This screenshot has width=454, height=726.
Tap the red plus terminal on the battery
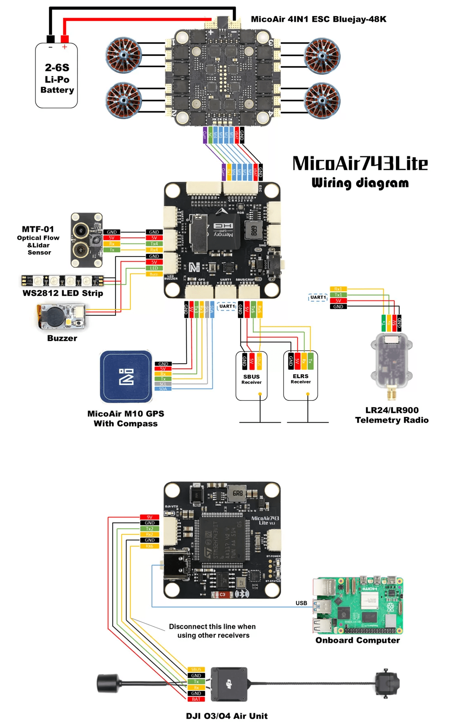click(65, 39)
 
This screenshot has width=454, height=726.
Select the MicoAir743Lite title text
click(359, 164)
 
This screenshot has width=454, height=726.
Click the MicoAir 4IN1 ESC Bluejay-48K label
click(318, 19)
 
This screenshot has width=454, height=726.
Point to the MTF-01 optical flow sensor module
click(86, 240)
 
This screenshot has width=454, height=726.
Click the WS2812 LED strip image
click(62, 280)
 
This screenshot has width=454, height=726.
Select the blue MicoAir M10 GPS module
click(126, 377)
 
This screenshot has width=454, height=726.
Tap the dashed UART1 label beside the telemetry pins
click(318, 298)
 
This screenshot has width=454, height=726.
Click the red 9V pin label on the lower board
click(149, 517)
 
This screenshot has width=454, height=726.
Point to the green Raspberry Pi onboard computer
click(358, 605)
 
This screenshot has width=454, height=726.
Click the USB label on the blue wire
click(301, 603)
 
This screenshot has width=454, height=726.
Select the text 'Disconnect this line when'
click(212, 627)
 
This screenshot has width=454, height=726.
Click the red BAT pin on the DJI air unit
click(196, 699)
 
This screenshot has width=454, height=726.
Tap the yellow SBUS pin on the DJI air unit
click(196, 670)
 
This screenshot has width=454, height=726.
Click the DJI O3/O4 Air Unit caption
click(227, 716)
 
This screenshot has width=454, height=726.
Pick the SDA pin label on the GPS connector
click(163, 389)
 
